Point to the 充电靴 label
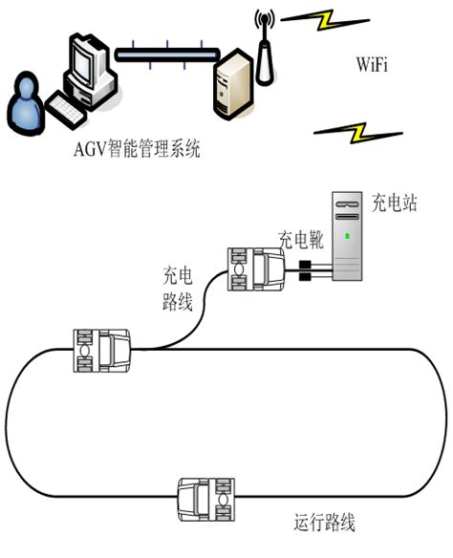coord(301,239)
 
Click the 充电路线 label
coord(178,291)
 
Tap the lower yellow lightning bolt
coord(356,132)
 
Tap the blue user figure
coord(27,105)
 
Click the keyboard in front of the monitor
coord(73,108)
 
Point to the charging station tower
coord(346,236)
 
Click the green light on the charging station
coord(346,235)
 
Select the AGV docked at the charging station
coord(254,267)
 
